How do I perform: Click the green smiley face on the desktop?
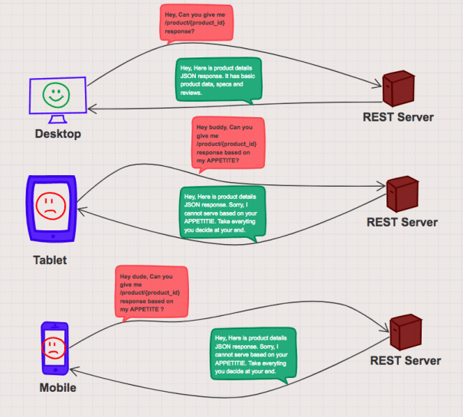click(56, 95)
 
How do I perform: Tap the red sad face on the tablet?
click(51, 206)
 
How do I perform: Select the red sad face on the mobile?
click(54, 348)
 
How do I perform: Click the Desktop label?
click(58, 134)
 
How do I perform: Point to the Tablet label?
click(50, 260)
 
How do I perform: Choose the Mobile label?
click(58, 387)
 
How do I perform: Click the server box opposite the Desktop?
click(399, 88)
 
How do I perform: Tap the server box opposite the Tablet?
click(403, 194)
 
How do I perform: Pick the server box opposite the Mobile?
click(406, 332)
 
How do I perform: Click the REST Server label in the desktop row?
click(398, 117)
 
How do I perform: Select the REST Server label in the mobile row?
click(406, 360)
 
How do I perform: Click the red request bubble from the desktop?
click(197, 23)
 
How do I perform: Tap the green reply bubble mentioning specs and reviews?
click(219, 80)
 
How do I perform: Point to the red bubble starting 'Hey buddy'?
click(228, 144)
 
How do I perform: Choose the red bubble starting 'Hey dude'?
click(152, 293)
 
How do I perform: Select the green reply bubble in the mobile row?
click(253, 354)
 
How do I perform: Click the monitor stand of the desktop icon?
click(57, 119)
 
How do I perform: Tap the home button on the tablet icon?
click(53, 236)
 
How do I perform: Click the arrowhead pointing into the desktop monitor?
click(92, 109)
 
